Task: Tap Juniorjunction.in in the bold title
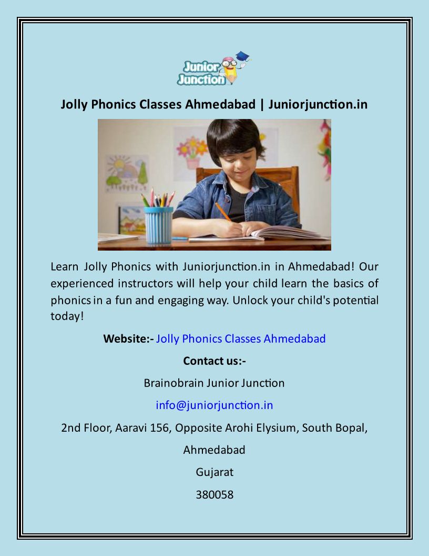point(318,104)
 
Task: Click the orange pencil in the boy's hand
point(223,211)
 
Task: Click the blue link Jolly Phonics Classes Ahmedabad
point(241,339)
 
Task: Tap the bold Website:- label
point(128,339)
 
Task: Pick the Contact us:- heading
point(214,361)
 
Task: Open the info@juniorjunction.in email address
point(214,405)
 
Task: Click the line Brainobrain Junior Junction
point(214,383)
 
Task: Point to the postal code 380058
point(214,494)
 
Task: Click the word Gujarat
point(214,472)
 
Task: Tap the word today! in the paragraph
point(67,316)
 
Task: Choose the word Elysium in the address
point(278,428)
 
